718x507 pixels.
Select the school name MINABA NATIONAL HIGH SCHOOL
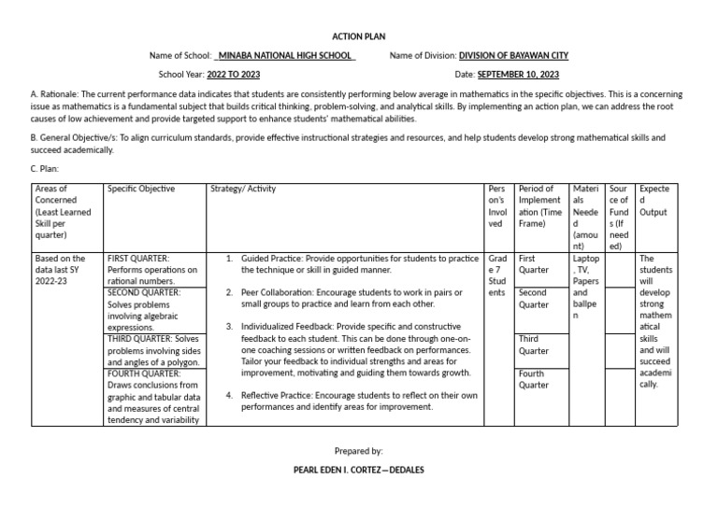coord(285,56)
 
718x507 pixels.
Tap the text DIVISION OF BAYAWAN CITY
coord(513,56)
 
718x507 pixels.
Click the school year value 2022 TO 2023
coord(233,74)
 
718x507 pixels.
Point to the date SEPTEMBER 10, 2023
coord(518,74)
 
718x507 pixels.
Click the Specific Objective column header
coord(141,190)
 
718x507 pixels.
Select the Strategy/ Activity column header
coord(243,190)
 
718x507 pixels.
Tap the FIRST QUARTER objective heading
coord(138,257)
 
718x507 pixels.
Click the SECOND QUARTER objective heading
coord(144,292)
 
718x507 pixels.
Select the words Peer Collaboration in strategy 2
coord(279,292)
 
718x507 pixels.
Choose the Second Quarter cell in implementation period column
coord(533,298)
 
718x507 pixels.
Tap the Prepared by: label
coord(358,450)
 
